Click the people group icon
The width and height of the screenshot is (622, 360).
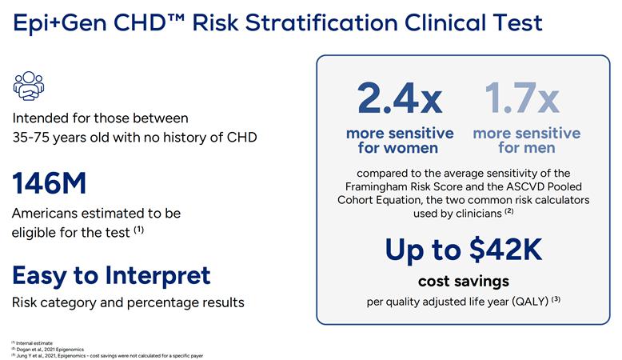click(29, 86)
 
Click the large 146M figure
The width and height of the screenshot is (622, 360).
click(50, 183)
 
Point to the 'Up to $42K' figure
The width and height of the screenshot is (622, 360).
click(464, 250)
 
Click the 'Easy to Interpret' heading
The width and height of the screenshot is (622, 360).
click(111, 275)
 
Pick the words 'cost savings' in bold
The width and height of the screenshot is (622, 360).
click(464, 282)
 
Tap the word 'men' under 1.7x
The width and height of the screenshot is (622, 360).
click(540, 148)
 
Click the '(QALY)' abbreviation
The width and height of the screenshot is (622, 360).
click(520, 302)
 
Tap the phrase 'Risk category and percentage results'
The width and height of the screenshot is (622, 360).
click(128, 302)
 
